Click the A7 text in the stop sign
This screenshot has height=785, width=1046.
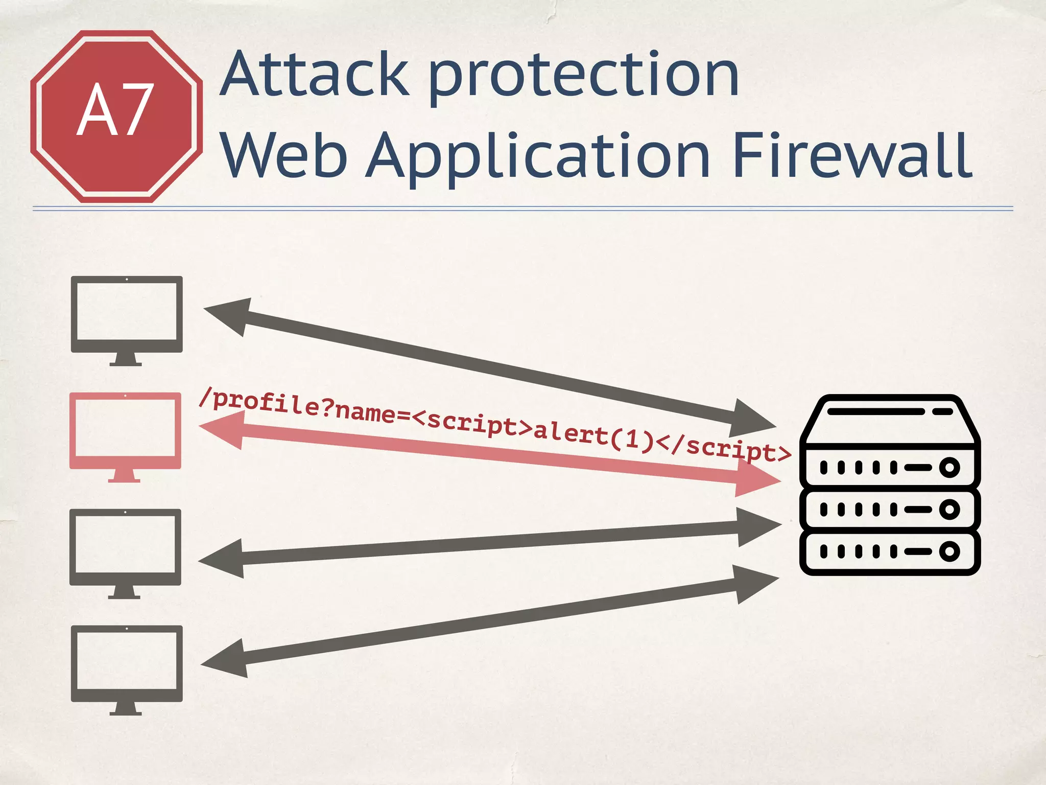coord(115,110)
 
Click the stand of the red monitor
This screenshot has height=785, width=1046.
coord(124,475)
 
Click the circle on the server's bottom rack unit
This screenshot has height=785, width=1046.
coord(949,551)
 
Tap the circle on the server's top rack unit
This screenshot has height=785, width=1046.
coord(949,467)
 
